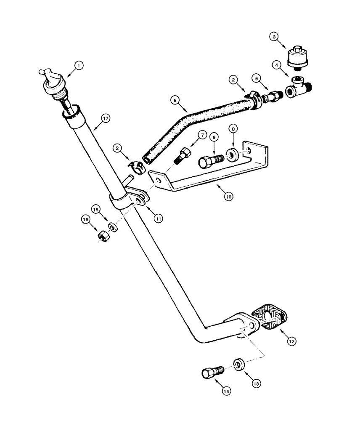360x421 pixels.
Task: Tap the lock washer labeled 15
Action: (112, 227)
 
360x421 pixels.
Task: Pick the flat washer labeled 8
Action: (233, 154)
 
